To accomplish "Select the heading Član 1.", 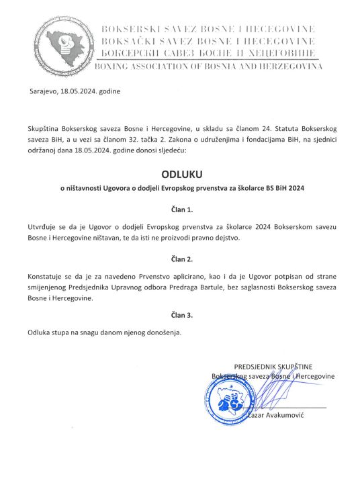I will (x=180, y=210).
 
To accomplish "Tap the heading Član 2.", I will (x=180, y=259).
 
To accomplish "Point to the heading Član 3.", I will (x=180, y=314).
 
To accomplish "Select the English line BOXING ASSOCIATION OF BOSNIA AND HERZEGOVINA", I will (x=210, y=66).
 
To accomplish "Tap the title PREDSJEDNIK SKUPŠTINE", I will (x=273, y=367).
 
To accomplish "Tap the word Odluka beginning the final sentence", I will (x=40, y=332).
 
